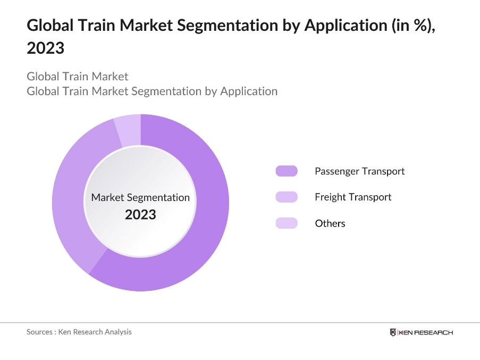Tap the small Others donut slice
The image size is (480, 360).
pyautogui.click(x=128, y=130)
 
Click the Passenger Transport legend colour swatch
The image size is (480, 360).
pyautogui.click(x=287, y=171)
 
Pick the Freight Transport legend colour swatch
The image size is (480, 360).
pyautogui.click(x=287, y=197)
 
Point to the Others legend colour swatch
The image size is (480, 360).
pyautogui.click(x=287, y=223)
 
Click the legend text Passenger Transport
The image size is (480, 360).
pyautogui.click(x=359, y=171)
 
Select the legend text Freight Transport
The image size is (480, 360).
pyautogui.click(x=353, y=197)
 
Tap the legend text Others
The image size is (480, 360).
pyautogui.click(x=330, y=223)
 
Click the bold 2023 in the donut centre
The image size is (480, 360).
pyautogui.click(x=140, y=214)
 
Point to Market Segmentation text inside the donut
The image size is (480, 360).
pyautogui.click(x=140, y=197)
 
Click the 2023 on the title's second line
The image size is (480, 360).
pyautogui.click(x=45, y=48)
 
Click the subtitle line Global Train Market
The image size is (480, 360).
pyautogui.click(x=78, y=77)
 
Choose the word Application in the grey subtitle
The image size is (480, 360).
pyautogui.click(x=249, y=91)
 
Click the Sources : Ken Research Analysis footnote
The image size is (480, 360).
pyautogui.click(x=79, y=332)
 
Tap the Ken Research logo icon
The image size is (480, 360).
pyautogui.click(x=393, y=332)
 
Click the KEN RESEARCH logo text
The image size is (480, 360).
pyautogui.click(x=426, y=332)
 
